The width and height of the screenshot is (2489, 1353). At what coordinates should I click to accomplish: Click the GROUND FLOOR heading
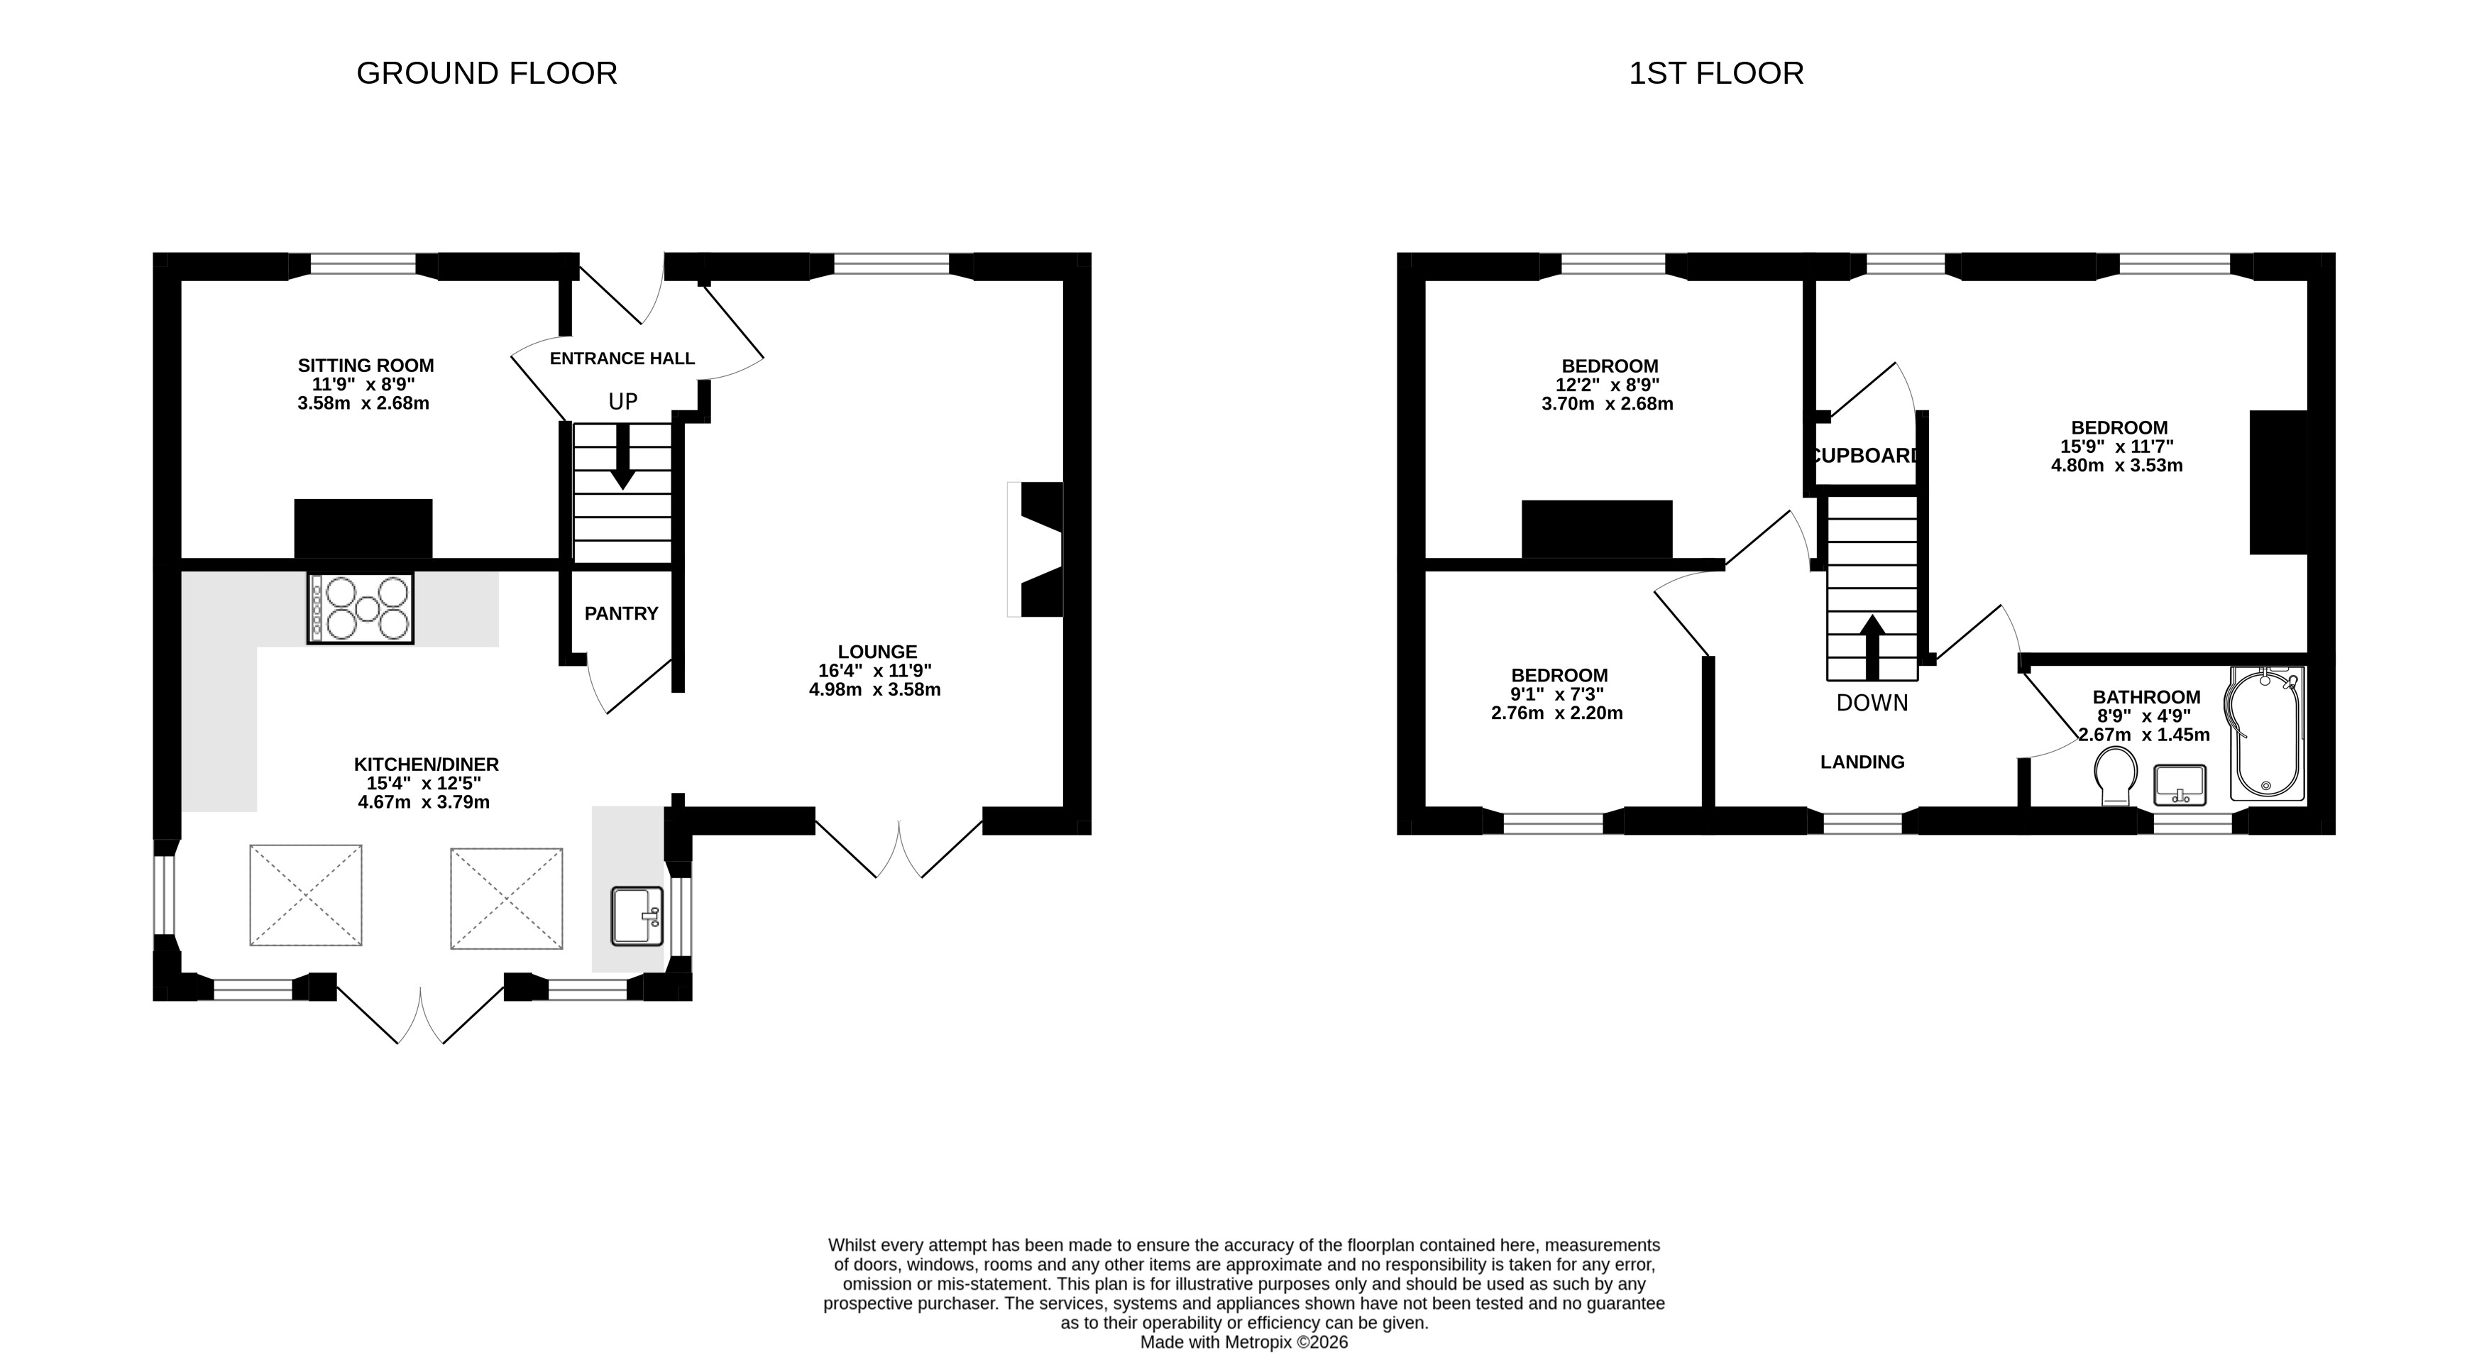(x=487, y=73)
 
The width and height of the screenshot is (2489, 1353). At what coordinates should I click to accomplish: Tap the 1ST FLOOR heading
(x=1716, y=73)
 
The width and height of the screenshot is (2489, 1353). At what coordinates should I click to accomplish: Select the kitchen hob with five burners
(x=361, y=608)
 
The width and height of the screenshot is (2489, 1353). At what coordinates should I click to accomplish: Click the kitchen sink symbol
(x=637, y=915)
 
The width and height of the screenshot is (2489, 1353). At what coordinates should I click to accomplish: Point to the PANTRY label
(x=621, y=614)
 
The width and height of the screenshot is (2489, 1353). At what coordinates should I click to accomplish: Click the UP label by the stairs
(x=623, y=401)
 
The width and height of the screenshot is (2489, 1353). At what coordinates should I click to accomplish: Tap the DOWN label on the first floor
(x=1872, y=703)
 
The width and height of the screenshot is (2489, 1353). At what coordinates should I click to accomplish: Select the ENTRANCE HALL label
(x=622, y=358)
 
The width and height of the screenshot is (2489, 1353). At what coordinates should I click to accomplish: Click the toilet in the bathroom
(x=2115, y=775)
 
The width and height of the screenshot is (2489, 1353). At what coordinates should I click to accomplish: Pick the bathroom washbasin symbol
(x=2180, y=784)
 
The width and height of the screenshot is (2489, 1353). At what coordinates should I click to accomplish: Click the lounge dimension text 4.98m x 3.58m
(x=875, y=690)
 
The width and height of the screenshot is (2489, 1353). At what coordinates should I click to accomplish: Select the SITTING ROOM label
(x=366, y=366)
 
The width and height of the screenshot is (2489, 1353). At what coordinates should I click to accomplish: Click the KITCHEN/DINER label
(x=426, y=765)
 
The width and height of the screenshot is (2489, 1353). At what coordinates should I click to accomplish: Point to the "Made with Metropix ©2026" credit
(x=1245, y=1342)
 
